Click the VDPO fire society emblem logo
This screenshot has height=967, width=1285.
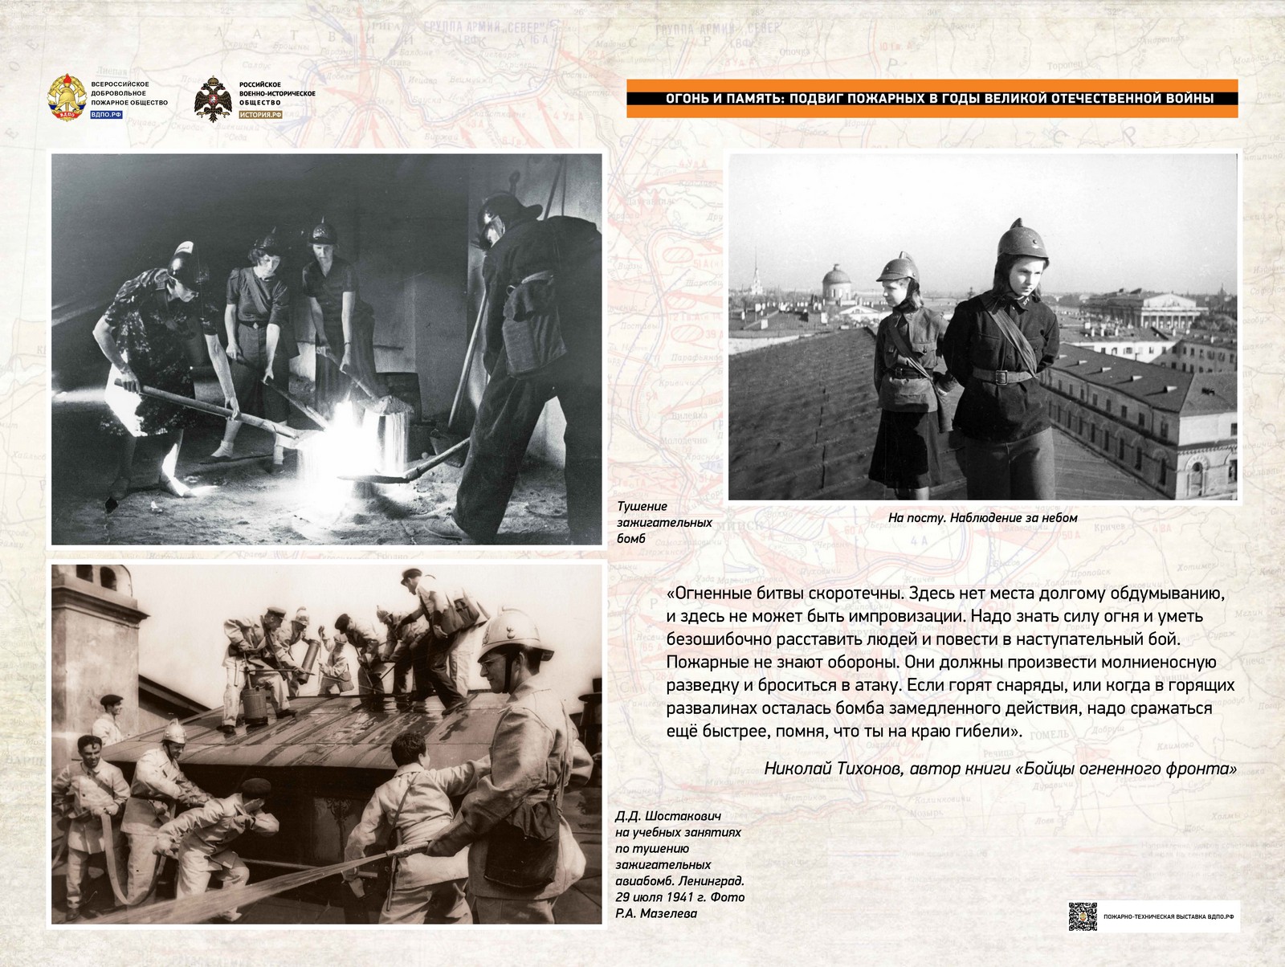67,98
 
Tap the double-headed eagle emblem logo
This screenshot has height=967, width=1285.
212,100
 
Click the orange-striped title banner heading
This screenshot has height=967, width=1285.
932,99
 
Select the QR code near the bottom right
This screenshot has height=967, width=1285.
1082,916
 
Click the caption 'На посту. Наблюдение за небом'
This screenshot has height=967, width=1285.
982,518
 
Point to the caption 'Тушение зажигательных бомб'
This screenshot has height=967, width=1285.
663,522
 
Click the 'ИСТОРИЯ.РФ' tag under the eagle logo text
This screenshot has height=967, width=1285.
262,115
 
